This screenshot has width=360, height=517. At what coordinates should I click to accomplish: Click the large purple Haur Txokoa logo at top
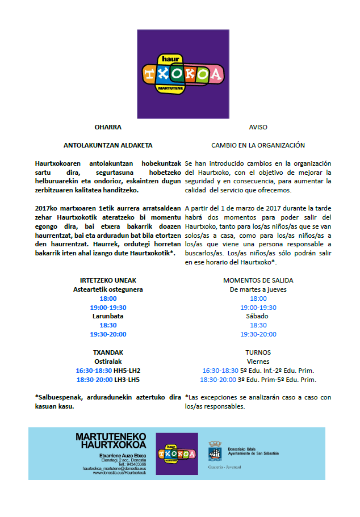point(182,70)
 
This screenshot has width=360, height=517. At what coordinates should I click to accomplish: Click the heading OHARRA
point(108,127)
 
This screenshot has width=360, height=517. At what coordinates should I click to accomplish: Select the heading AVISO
point(258,127)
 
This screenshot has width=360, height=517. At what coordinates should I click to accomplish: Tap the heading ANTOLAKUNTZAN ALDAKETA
point(108,145)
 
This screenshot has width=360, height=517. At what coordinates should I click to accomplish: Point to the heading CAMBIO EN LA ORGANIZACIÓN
point(258,145)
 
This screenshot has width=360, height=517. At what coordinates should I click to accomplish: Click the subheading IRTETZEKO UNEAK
point(108,280)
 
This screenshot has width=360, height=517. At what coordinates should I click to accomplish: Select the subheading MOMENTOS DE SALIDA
point(258,280)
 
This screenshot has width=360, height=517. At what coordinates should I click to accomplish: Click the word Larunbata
point(108,316)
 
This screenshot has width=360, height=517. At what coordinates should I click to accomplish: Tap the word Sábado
point(258,316)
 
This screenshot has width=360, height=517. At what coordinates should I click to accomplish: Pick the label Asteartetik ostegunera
point(108,289)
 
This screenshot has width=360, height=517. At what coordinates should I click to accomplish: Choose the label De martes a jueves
point(258,289)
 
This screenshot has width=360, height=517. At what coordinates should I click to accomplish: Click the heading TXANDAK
point(108,352)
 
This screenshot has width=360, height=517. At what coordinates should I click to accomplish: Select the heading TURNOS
point(258,352)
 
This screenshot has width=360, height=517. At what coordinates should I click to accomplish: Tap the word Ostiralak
point(108,362)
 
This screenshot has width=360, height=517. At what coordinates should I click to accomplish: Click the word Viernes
point(258,362)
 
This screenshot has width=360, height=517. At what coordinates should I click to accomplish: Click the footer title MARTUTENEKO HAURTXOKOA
point(111,441)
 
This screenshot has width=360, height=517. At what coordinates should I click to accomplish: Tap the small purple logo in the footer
point(177,453)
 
